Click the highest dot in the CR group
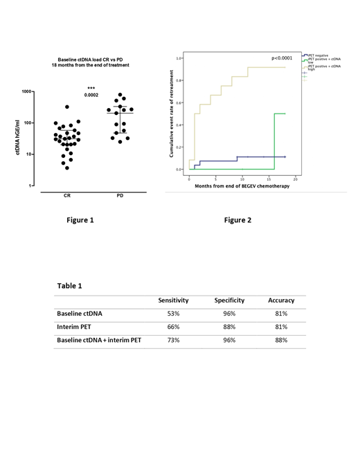(x=67, y=107)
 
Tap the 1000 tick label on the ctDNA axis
(x=26, y=91)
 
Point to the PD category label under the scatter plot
(x=120, y=195)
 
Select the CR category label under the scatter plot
(x=67, y=195)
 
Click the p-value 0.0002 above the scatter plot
(x=91, y=95)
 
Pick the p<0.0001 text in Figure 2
(x=282, y=59)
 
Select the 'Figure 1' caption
(x=80, y=220)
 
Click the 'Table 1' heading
(x=69, y=285)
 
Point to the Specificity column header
(x=229, y=301)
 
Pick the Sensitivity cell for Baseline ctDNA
(x=173, y=314)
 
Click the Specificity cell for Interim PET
(x=229, y=327)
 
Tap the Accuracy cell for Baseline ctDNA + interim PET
(x=281, y=340)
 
